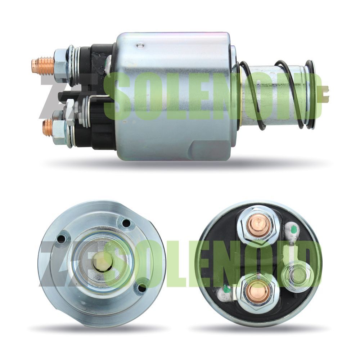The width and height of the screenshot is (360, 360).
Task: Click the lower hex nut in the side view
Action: [60, 130]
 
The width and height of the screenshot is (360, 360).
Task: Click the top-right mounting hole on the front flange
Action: [126, 223]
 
